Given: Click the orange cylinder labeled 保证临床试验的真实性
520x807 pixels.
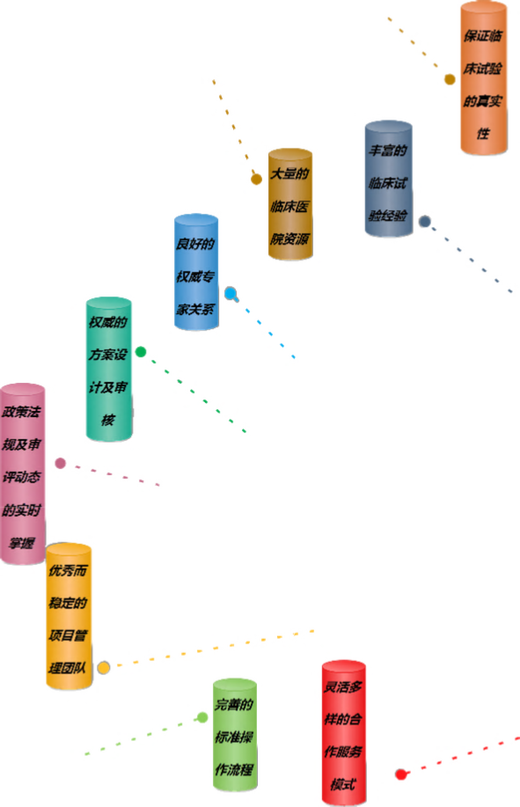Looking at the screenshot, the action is (x=483, y=78).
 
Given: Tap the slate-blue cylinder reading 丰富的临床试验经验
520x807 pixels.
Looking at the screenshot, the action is (x=389, y=179).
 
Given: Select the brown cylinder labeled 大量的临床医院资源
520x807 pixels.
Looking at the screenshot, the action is (x=290, y=204).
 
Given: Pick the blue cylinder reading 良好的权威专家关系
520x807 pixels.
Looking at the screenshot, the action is (x=196, y=272).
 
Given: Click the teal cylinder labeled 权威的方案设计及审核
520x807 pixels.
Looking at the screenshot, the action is (x=108, y=369).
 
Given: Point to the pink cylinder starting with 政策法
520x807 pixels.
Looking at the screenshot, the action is (x=22, y=473).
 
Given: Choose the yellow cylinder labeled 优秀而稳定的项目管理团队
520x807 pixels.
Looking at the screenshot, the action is (x=69, y=616).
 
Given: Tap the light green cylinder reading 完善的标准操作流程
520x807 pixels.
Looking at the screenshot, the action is (x=235, y=735).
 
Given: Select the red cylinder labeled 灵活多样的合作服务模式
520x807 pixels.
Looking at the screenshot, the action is (x=343, y=733).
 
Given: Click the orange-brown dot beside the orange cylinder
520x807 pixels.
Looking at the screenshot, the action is (x=450, y=79).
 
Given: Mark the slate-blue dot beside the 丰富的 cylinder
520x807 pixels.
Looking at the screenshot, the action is (x=424, y=221).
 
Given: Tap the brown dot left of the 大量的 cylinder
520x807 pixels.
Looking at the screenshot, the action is (x=256, y=180).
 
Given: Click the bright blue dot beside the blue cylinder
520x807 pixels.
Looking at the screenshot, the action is (x=231, y=293).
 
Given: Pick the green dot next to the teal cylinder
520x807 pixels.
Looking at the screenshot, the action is (x=141, y=352).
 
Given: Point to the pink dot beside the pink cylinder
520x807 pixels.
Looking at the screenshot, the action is (x=60, y=463).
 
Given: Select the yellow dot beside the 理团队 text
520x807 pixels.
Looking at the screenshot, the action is (x=103, y=668).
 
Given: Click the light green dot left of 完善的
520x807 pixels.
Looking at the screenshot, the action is (x=202, y=717).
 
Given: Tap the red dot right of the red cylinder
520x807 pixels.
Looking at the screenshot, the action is (x=401, y=774).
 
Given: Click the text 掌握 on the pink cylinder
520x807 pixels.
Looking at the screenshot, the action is (x=22, y=543).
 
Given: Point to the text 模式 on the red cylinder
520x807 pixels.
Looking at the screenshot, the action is (x=343, y=784).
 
